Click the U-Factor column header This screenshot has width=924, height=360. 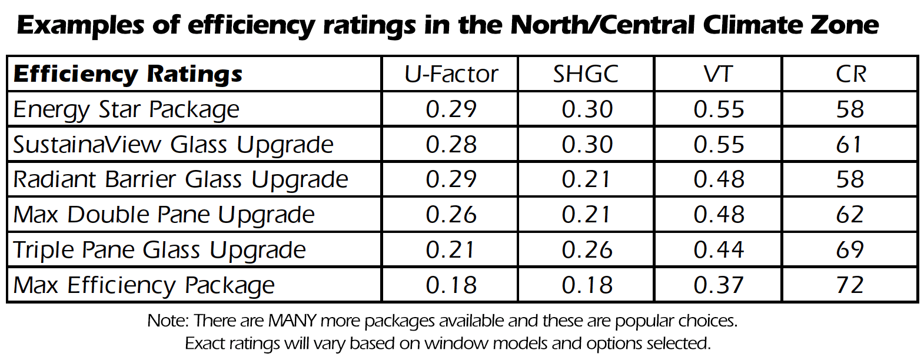coord(451,74)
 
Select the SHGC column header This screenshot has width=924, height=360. coord(586,74)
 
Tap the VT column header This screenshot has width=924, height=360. coord(718,74)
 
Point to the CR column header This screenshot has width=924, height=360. coord(850,74)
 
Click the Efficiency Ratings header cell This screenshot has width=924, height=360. coord(128,74)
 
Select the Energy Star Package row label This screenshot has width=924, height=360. coord(127,109)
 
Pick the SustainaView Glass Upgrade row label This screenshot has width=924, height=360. coord(174,145)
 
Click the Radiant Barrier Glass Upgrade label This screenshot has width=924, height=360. coord(181,179)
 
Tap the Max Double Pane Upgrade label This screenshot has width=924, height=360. coord(164,215)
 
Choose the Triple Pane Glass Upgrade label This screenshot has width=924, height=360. coord(159,250)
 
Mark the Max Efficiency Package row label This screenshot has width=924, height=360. coord(144,285)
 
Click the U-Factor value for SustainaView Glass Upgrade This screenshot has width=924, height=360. coord(451,145)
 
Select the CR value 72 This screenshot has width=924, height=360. coord(850,285)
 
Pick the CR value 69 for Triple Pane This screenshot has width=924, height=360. coord(850,250)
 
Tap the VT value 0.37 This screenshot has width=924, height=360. coord(719,285)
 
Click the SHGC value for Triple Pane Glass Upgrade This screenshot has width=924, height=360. coord(587,250)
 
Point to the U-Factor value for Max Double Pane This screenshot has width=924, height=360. coord(451,215)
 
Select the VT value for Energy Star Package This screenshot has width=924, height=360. coord(719,109)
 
